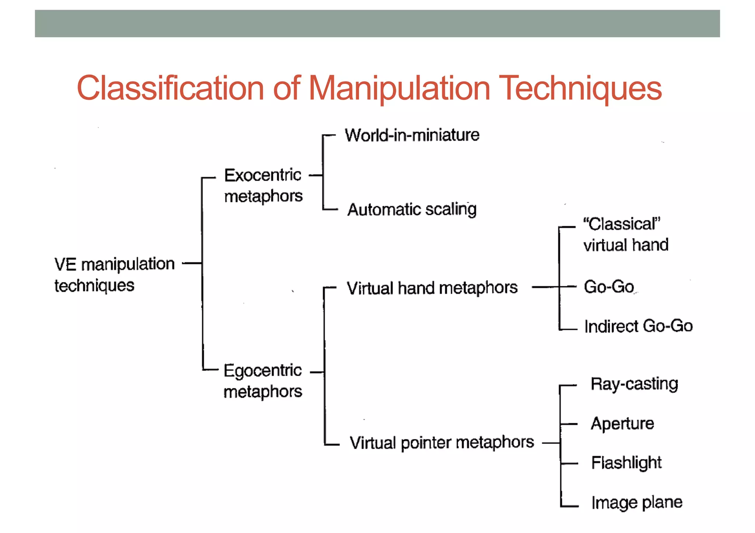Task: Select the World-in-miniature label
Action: click(x=412, y=135)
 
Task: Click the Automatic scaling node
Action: click(x=412, y=210)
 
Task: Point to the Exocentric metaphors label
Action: click(x=263, y=185)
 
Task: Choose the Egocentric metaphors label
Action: click(x=263, y=381)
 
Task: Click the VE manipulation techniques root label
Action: click(x=114, y=274)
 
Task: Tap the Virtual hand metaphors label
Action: click(x=432, y=288)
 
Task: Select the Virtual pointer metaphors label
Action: click(x=442, y=442)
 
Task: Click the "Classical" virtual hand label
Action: click(x=626, y=234)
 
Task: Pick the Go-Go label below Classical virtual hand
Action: click(x=609, y=287)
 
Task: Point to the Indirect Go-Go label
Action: click(x=639, y=326)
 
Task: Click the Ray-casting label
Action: click(x=634, y=384)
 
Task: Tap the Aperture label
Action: click(x=622, y=424)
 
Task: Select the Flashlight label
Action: click(x=626, y=463)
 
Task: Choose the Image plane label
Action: click(x=637, y=502)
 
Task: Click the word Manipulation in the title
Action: click(x=399, y=88)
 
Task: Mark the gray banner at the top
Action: click(x=377, y=24)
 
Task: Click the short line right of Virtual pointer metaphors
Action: click(x=551, y=443)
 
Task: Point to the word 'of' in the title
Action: click(x=286, y=88)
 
